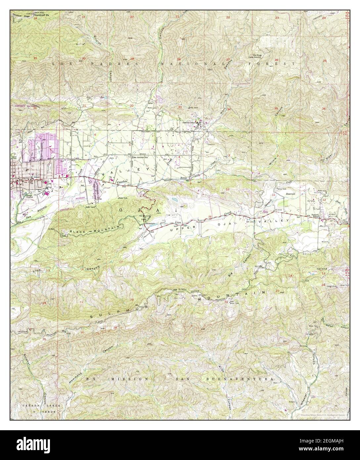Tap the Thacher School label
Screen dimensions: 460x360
[190, 122]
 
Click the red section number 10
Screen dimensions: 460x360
[227, 189]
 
